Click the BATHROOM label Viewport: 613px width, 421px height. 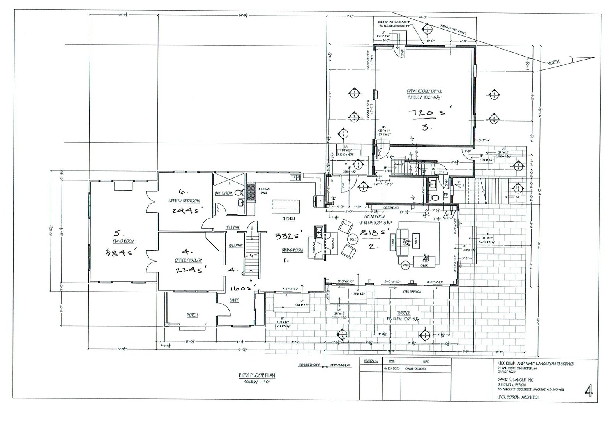click(224, 193)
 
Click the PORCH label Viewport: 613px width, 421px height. click(192, 315)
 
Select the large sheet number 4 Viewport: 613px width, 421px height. click(589, 391)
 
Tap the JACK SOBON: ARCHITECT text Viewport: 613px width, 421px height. click(518, 397)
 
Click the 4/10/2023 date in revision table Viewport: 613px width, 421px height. click(392, 368)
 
